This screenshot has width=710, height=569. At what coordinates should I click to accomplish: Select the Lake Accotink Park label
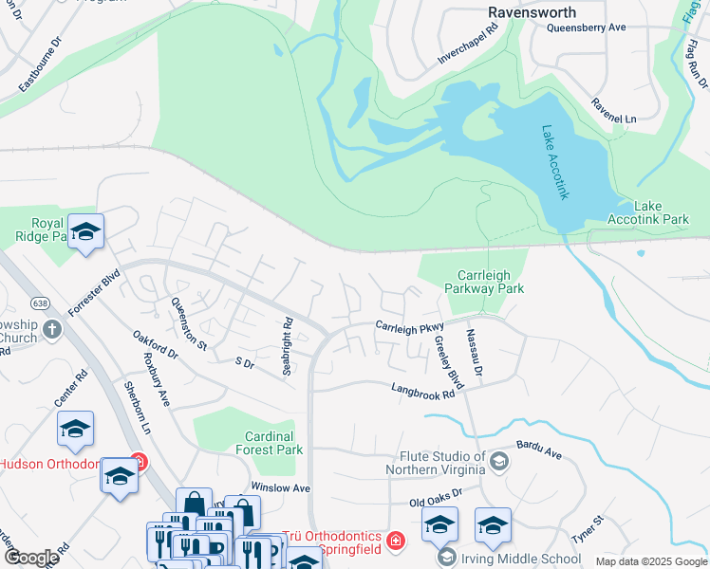click(662, 212)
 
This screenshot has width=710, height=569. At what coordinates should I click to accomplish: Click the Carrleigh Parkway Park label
click(484, 281)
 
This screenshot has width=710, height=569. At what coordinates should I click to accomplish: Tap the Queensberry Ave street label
click(587, 28)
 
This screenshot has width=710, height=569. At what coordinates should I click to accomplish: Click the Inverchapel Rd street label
click(467, 45)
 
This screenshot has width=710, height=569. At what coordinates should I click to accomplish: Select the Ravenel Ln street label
click(613, 110)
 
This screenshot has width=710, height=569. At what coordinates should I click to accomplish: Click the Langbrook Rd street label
click(424, 390)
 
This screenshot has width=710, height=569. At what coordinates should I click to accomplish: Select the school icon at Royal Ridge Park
click(85, 231)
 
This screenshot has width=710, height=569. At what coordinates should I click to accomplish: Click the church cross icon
click(52, 329)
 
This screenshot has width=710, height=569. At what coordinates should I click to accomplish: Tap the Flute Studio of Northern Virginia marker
click(499, 462)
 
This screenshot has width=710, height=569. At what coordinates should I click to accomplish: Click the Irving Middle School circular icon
click(447, 559)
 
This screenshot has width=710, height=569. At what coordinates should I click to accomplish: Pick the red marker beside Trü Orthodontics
click(396, 541)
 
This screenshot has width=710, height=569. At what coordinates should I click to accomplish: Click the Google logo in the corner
click(31, 558)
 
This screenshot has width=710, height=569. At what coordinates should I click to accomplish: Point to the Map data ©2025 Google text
click(651, 561)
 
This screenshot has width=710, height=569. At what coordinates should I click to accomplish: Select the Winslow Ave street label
click(281, 487)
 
